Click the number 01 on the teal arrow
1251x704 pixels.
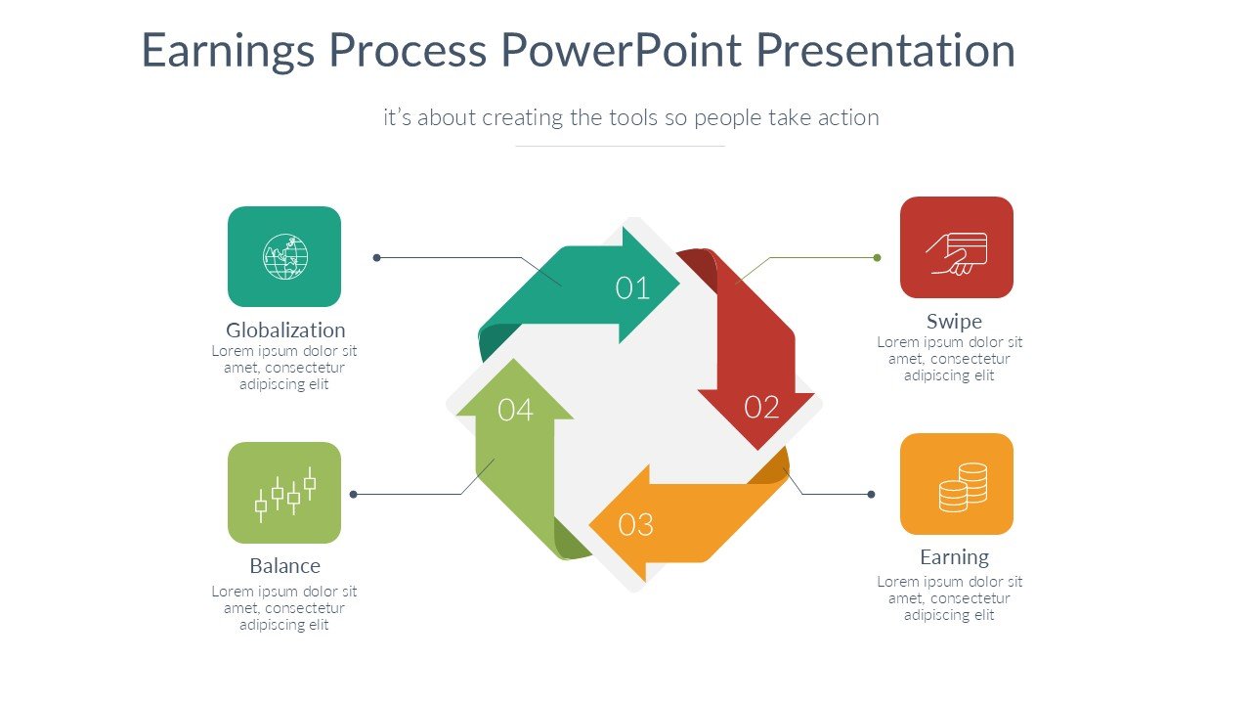(x=632, y=287)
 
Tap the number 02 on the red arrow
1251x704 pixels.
(x=761, y=407)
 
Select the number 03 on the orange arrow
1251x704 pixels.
(x=636, y=525)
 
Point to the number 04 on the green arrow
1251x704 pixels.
(x=515, y=410)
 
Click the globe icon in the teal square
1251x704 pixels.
(x=284, y=256)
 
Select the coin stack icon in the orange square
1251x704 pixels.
(x=963, y=487)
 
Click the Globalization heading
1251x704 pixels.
(x=285, y=330)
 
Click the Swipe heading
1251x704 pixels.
(x=954, y=321)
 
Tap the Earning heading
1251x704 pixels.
(x=954, y=557)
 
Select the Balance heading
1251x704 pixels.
(x=284, y=566)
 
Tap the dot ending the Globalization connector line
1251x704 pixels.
(x=377, y=258)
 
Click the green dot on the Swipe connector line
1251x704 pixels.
(x=878, y=258)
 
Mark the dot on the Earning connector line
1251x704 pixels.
(x=871, y=495)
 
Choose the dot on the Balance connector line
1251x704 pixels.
(x=354, y=495)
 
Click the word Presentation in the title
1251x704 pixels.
(x=886, y=51)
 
